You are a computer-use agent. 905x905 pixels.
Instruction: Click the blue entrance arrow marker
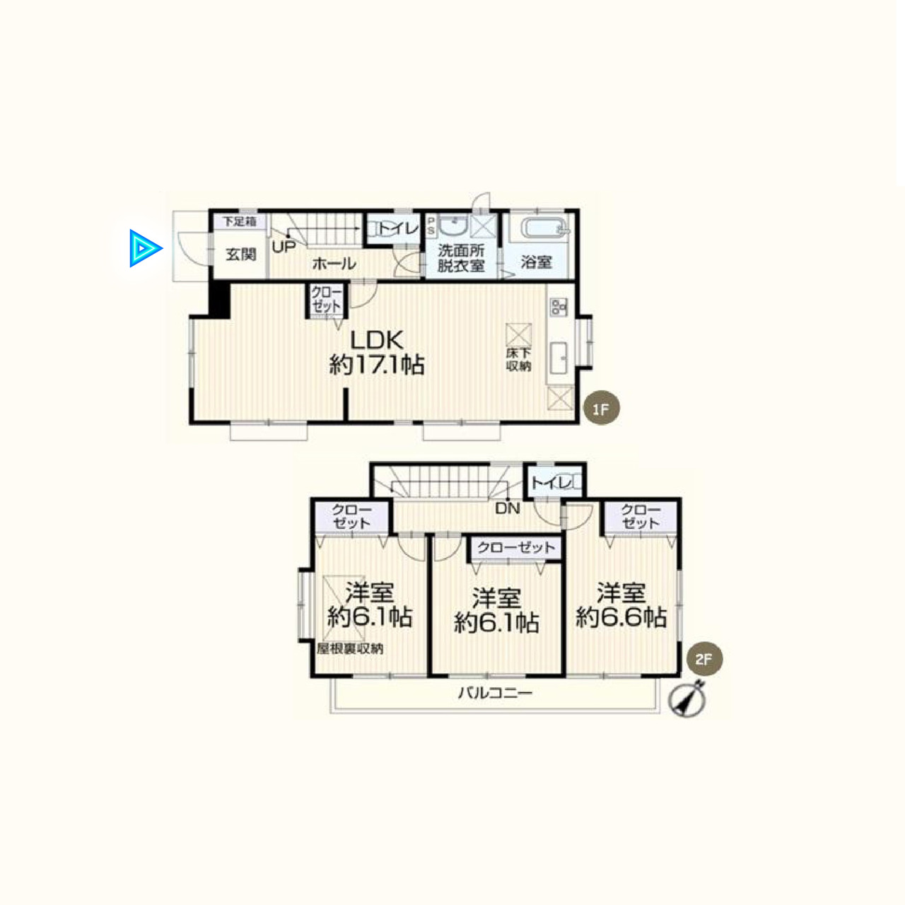pos(145,248)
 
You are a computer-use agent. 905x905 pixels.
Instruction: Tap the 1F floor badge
pos(601,409)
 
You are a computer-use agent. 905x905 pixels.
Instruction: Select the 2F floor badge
pos(704,659)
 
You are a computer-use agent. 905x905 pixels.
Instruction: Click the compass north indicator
pos(688,700)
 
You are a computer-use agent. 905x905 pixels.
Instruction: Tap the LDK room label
pos(377,340)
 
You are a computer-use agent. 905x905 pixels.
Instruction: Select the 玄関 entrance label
pos(241,255)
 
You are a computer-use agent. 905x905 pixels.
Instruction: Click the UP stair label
pos(284,247)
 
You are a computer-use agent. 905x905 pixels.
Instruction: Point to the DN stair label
pos(507,508)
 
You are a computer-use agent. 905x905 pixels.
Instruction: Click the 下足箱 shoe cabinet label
pos(240,221)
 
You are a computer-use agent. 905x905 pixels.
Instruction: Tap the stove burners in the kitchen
pos(559,307)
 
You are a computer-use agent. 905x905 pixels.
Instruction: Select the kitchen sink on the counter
pos(558,358)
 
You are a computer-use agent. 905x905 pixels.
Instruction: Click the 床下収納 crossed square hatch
pos(518,335)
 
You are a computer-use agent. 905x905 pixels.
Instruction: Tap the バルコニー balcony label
pos(495,693)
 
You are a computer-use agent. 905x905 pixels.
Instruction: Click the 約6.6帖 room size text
pos(621,617)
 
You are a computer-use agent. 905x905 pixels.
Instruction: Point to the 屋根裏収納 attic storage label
pos(350,648)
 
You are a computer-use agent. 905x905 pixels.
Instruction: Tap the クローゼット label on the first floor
pos(327,299)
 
